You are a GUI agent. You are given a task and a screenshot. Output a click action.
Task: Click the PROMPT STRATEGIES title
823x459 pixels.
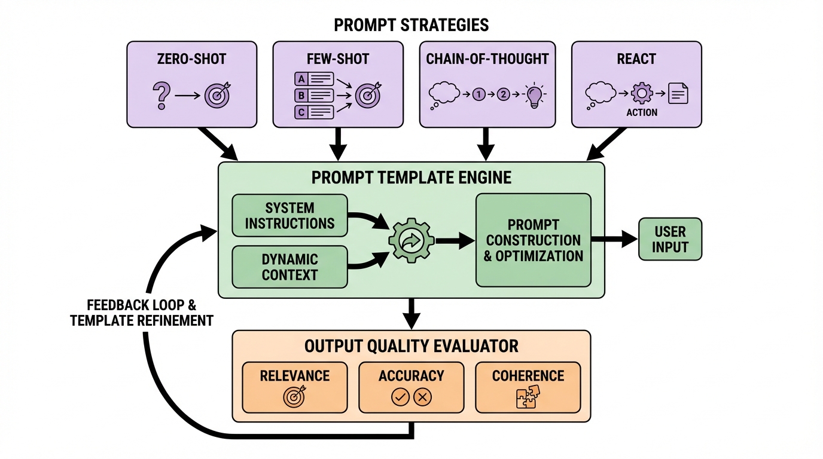411,25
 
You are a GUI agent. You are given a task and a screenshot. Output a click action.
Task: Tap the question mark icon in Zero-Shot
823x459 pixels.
161,94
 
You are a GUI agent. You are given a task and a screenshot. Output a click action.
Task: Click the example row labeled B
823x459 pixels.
315,95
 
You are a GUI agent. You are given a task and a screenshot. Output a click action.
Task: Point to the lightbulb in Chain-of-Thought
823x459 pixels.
533,95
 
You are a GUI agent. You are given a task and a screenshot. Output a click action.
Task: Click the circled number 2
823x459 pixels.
503,94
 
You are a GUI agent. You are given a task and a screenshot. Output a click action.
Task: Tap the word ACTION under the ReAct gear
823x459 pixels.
642,112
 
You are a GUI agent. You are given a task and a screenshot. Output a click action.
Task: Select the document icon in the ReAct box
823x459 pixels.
678,94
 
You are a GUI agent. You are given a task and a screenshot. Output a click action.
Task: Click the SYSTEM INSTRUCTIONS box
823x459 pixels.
289,216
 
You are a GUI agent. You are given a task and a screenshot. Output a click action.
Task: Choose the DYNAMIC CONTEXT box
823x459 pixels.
289,267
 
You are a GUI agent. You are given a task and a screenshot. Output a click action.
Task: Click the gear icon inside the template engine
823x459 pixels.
411,241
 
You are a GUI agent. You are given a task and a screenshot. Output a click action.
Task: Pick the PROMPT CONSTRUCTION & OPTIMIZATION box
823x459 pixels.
533,240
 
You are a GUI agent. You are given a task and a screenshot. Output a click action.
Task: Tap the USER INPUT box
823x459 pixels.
670,239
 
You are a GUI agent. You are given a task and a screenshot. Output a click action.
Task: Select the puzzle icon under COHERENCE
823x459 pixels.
528,397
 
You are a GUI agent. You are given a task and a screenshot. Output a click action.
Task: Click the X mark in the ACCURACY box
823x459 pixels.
423,397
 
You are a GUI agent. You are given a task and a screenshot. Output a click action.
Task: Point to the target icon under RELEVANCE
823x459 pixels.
294,397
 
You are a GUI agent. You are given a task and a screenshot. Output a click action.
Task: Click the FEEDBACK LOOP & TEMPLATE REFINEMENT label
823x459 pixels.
142,312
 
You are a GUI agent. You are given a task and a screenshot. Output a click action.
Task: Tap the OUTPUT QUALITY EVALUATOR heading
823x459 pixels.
411,346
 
